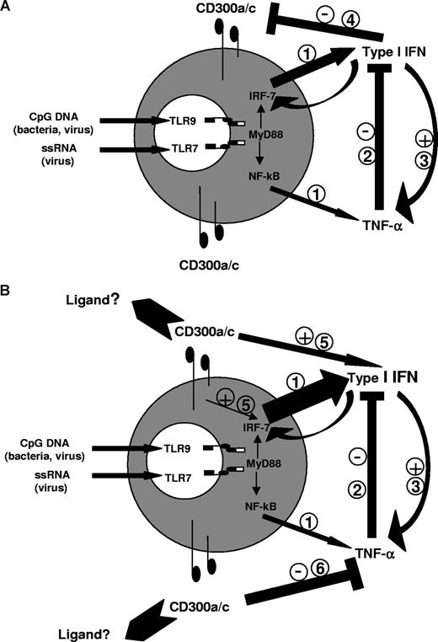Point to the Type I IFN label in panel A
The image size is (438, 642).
[397, 52]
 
